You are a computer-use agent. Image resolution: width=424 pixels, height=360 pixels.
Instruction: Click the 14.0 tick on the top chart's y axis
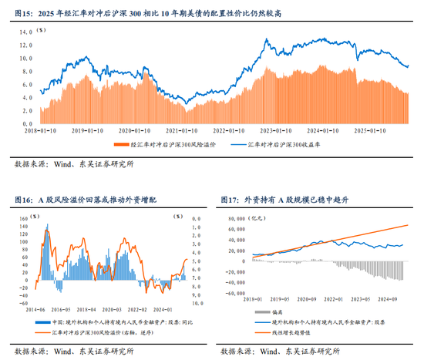(x=25, y=32)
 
